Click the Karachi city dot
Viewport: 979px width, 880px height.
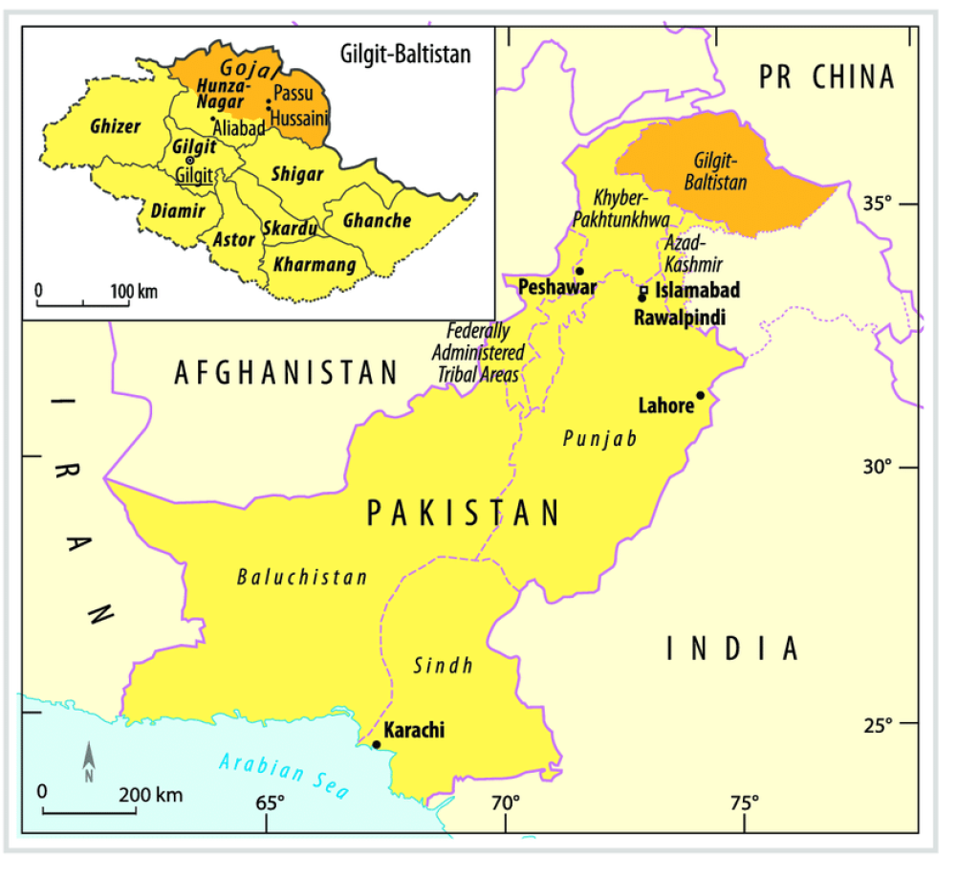pos(376,744)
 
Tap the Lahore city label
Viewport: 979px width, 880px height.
pos(665,406)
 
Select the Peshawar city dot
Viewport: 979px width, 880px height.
pos(578,271)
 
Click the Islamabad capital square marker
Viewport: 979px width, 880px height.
pos(643,289)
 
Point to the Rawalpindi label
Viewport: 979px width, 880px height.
pos(680,317)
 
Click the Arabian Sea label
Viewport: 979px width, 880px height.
pos(284,776)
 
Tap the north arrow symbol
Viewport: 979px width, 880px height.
pos(89,762)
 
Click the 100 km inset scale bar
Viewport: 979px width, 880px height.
pos(83,304)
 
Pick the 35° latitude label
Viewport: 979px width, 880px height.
pos(877,204)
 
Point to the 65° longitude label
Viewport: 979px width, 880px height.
pos(269,802)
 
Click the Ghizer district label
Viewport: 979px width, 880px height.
pos(115,126)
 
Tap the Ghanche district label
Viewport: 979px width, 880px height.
pos(377,221)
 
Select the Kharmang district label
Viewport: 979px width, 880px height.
pos(315,264)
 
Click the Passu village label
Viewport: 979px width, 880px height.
pos(293,93)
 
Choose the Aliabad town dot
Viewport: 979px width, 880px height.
pos(212,120)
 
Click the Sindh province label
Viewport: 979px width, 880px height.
pos(443,666)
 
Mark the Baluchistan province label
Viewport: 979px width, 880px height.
pos(302,577)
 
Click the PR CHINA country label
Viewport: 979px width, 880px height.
pos(826,77)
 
